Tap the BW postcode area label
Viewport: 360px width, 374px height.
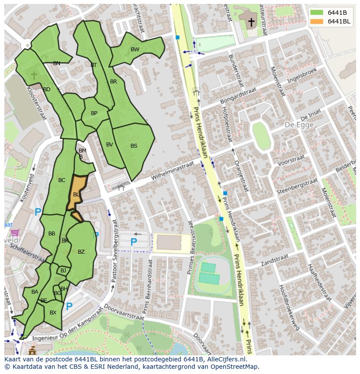[x=135, y=49]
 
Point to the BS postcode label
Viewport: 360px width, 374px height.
[x=134, y=146]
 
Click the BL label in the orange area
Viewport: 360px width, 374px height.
[x=76, y=195]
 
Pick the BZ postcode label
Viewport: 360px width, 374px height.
[x=81, y=252]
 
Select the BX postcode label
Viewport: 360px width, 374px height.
[x=53, y=312]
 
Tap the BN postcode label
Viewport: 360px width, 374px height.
[x=57, y=63]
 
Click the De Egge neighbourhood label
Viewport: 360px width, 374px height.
[x=299, y=125]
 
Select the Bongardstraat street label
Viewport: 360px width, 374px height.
[x=239, y=95]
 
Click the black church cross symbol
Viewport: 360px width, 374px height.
[x=251, y=22]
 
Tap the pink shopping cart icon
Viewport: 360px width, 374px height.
[x=15, y=233]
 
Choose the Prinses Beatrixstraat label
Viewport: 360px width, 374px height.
[x=190, y=248]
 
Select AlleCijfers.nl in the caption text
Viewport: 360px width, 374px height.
[x=226, y=359]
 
